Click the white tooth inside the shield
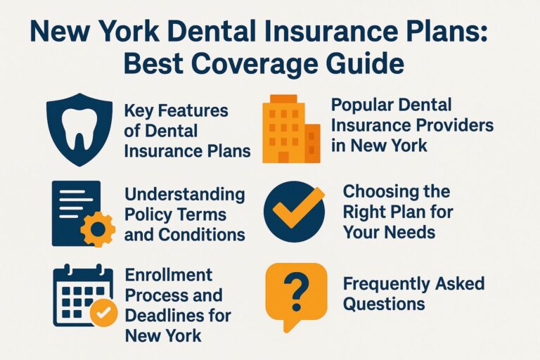point(79,130)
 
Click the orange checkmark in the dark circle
point(296,210)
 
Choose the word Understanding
point(184,194)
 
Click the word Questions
point(384,304)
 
